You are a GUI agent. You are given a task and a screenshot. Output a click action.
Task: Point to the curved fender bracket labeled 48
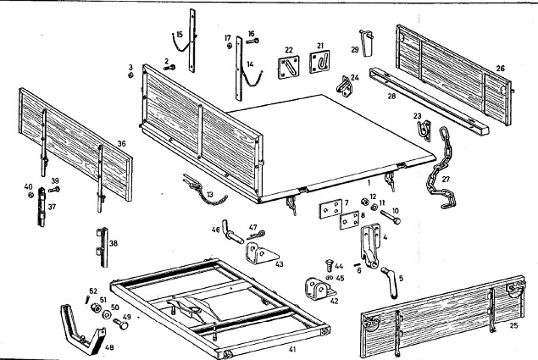[85, 326]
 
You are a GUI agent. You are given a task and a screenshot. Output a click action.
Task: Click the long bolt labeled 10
[395, 218]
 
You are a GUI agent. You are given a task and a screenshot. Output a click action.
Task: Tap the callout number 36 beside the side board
[123, 145]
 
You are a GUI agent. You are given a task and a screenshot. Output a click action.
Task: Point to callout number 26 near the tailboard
[501, 68]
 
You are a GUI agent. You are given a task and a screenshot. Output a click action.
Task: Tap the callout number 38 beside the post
[114, 242]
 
